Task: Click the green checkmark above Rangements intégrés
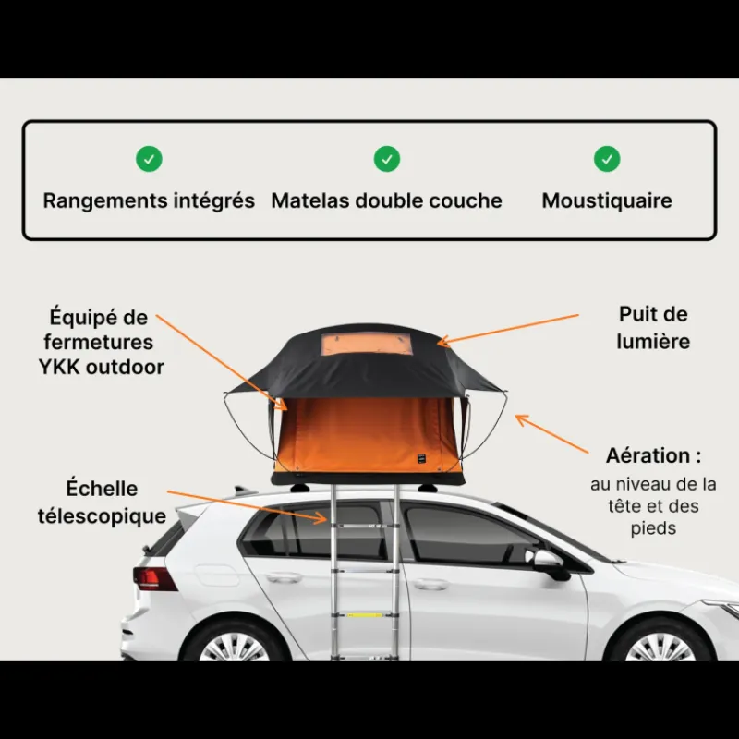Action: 149,159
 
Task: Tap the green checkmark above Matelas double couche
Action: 387,159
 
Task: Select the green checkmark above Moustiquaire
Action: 607,159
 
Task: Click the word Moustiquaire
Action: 607,200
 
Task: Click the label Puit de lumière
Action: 653,328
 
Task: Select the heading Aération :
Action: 653,455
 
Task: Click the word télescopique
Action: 102,516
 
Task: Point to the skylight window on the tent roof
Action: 367,344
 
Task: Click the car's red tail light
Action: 154,579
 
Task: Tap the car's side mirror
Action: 549,563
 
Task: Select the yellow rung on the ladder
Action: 365,615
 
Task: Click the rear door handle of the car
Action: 284,577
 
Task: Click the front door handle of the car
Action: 431,585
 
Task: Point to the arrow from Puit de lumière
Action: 508,329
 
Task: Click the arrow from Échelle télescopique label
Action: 247,507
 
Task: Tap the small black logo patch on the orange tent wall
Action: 421,458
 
